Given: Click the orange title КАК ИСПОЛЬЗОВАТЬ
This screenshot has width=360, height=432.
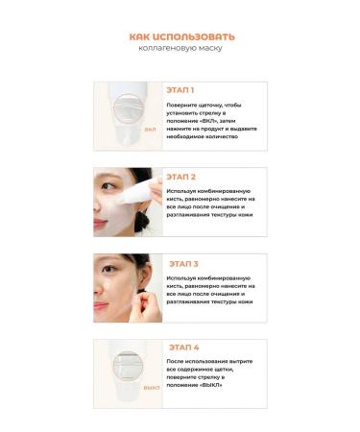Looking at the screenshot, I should pos(181,36).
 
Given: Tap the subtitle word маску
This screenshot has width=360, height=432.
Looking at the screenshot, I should pos(207,48).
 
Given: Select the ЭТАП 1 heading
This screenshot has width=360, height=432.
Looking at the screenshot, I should pos(180,90).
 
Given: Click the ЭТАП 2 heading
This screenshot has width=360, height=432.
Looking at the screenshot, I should pos(181,177).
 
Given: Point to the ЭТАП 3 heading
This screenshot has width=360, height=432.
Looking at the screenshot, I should pos(183,263).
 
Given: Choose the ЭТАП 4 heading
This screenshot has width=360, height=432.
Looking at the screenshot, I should pos(183,348).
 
